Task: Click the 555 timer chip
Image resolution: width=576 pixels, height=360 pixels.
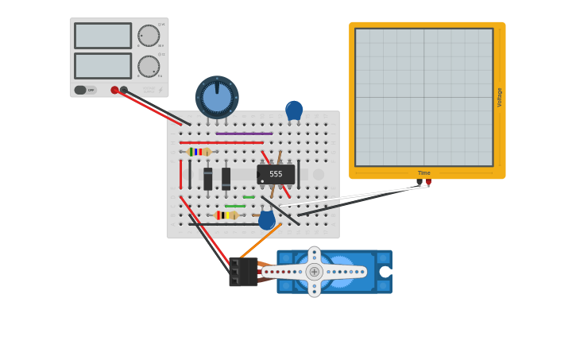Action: [276, 174]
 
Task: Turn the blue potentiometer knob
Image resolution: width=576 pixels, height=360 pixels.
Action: [217, 97]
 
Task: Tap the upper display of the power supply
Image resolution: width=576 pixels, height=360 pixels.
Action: [102, 36]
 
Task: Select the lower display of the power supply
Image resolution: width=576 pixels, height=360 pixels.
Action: [102, 65]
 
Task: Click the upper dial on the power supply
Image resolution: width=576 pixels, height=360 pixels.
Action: [149, 36]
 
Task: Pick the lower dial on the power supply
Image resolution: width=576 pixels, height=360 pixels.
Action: [149, 66]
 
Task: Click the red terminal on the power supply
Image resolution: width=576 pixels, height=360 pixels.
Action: [114, 90]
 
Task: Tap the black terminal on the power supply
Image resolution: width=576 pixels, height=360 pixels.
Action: [124, 90]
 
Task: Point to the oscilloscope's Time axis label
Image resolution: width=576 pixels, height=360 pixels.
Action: [423, 172]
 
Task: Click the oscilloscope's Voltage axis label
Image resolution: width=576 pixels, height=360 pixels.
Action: [500, 97]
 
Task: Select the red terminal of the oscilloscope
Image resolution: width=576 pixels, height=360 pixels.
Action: [429, 182]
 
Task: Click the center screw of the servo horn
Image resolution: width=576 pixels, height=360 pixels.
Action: [314, 272]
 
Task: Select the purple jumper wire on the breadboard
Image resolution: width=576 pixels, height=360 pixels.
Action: [244, 134]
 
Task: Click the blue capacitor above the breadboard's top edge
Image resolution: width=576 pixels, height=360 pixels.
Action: [294, 110]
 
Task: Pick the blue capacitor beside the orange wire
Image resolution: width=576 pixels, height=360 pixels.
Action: [266, 219]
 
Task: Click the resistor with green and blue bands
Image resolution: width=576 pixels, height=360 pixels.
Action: [199, 152]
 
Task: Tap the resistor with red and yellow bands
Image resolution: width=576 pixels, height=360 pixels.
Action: [226, 215]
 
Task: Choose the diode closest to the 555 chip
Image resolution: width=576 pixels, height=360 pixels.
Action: [226, 178]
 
